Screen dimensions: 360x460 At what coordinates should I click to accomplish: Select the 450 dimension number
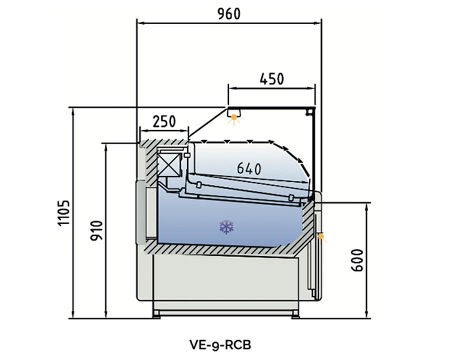[x=272, y=79]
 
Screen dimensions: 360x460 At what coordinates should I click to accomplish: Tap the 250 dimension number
[x=164, y=121]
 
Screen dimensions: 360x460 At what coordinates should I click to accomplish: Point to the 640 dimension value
[x=249, y=169]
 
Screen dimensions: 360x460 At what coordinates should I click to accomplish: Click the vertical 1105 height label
[x=62, y=213]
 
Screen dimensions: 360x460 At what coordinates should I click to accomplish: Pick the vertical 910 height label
[x=96, y=230]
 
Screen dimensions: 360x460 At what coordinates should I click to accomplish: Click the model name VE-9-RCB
[x=220, y=344]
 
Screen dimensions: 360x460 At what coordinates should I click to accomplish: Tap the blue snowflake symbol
[x=226, y=227]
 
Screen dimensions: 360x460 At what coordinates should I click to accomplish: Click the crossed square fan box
[x=168, y=164]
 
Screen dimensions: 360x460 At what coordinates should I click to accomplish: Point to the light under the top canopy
[x=233, y=118]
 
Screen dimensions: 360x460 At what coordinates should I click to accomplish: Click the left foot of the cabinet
[x=157, y=314]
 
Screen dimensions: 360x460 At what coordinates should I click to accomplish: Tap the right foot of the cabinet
[x=295, y=314]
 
